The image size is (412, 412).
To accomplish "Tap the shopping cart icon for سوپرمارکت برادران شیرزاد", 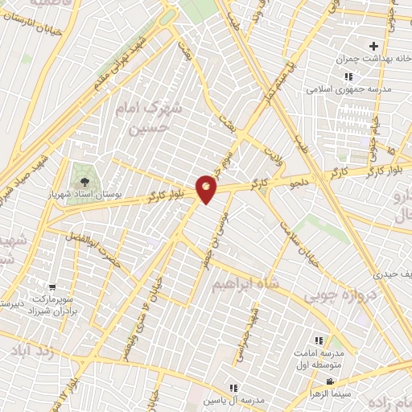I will point(52,287).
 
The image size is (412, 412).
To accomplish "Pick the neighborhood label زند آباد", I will point(32,352).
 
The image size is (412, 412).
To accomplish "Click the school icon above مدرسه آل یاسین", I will point(234,387).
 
